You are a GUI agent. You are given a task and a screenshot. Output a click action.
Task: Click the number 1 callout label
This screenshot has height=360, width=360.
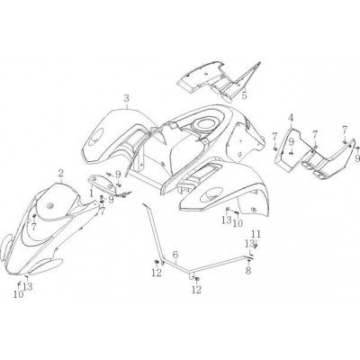91,191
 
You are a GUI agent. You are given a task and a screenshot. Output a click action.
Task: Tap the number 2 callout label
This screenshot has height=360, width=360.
61,173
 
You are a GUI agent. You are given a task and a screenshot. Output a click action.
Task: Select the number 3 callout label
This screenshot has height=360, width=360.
127,98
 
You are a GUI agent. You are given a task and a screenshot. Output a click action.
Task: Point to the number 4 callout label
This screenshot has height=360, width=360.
291,118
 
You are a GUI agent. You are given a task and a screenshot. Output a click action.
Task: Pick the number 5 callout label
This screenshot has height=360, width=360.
245,96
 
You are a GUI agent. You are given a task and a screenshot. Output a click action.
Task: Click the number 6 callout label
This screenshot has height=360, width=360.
175,255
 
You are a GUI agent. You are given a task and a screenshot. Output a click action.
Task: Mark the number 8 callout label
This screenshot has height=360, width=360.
248,271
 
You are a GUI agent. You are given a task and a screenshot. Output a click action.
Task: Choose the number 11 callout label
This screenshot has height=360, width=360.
256,234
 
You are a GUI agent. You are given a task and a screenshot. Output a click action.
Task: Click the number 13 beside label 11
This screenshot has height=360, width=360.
249,244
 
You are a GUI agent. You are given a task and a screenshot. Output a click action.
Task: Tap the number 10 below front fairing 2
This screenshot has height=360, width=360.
18,294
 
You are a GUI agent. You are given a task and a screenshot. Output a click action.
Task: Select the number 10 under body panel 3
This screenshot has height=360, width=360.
238,223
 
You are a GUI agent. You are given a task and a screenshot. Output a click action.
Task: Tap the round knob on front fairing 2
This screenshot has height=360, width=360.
49,206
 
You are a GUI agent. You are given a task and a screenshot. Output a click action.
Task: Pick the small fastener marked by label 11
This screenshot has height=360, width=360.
256,247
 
